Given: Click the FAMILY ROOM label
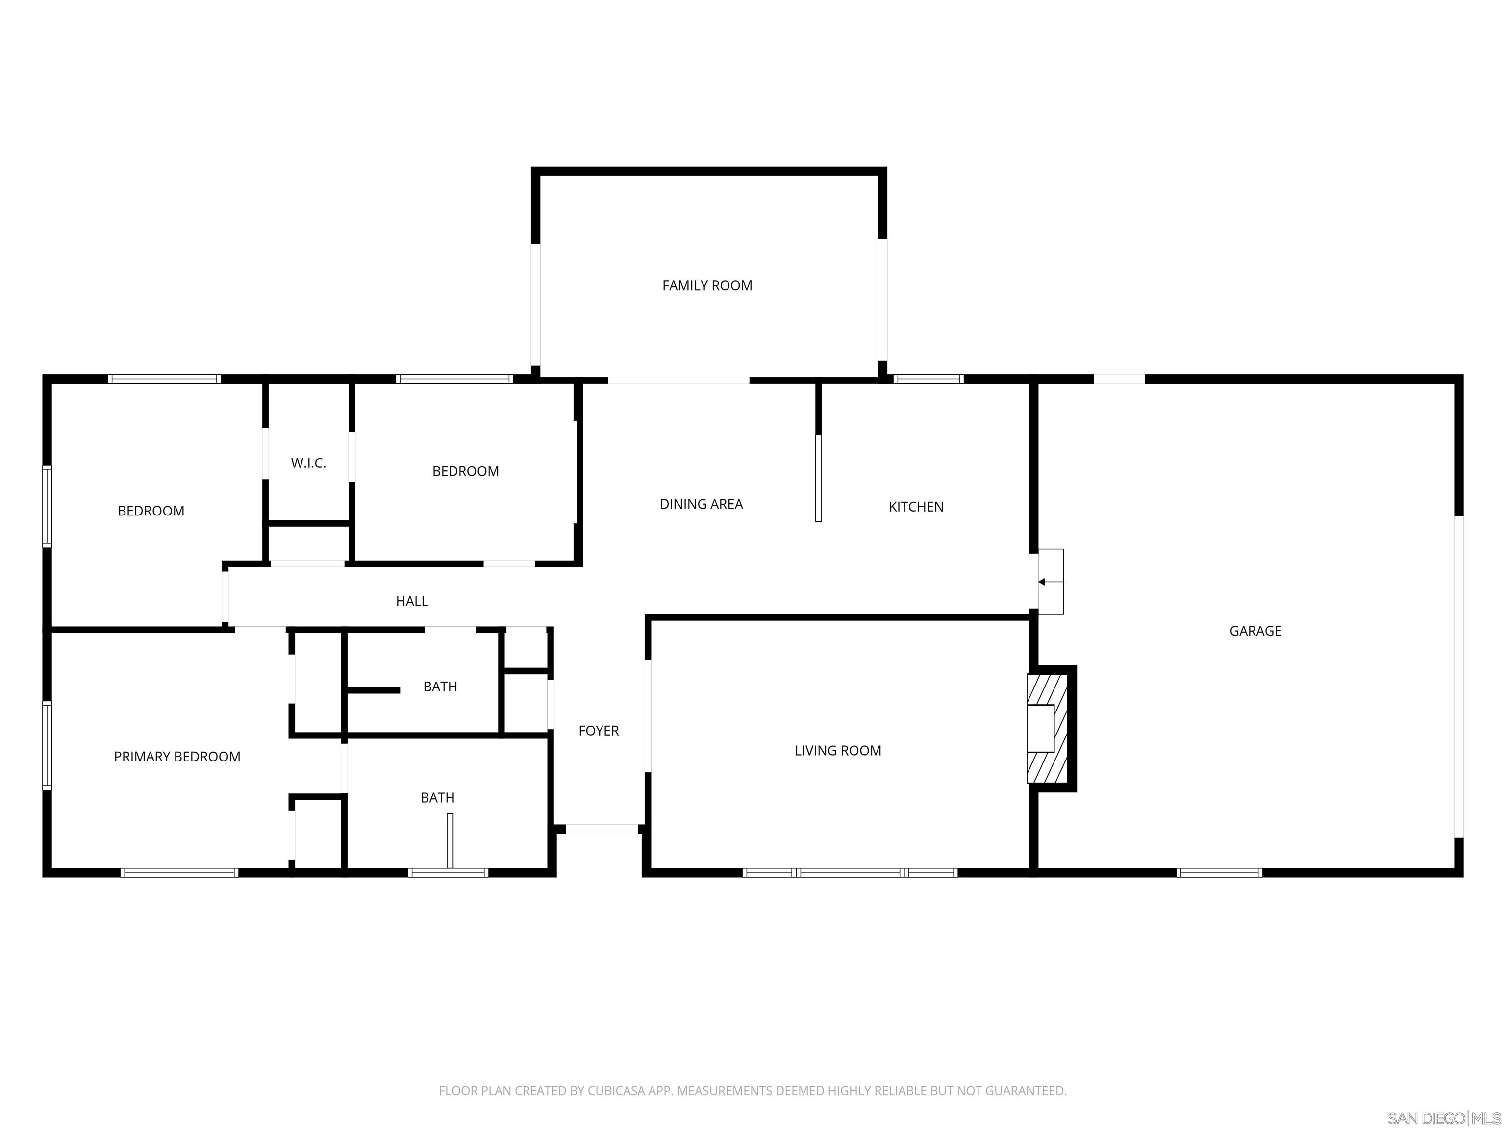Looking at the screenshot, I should tap(707, 286).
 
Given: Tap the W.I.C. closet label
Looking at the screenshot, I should tap(308, 464).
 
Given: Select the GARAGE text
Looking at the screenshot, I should tap(1255, 631).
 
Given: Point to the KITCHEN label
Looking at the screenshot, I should tap(916, 507).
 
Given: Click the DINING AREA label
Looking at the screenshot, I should tap(701, 504).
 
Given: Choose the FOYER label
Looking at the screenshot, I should tap(599, 731).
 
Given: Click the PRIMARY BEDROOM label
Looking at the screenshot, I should tap(177, 757).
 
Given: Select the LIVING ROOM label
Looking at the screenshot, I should tap(837, 751).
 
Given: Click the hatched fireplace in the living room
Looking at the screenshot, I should tap(1047, 729).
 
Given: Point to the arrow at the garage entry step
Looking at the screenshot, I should tap(1042, 582).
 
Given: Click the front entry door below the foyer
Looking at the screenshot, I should tap(602, 829).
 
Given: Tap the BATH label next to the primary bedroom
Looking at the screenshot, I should tap(437, 798).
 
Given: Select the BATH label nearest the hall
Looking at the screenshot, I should tap(440, 687).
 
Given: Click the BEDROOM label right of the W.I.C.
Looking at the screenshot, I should tap(465, 471).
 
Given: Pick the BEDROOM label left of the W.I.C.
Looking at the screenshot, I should tap(151, 511).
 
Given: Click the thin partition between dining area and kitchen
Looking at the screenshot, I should tap(818, 478).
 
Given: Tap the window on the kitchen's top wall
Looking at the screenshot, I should tap(929, 379).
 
